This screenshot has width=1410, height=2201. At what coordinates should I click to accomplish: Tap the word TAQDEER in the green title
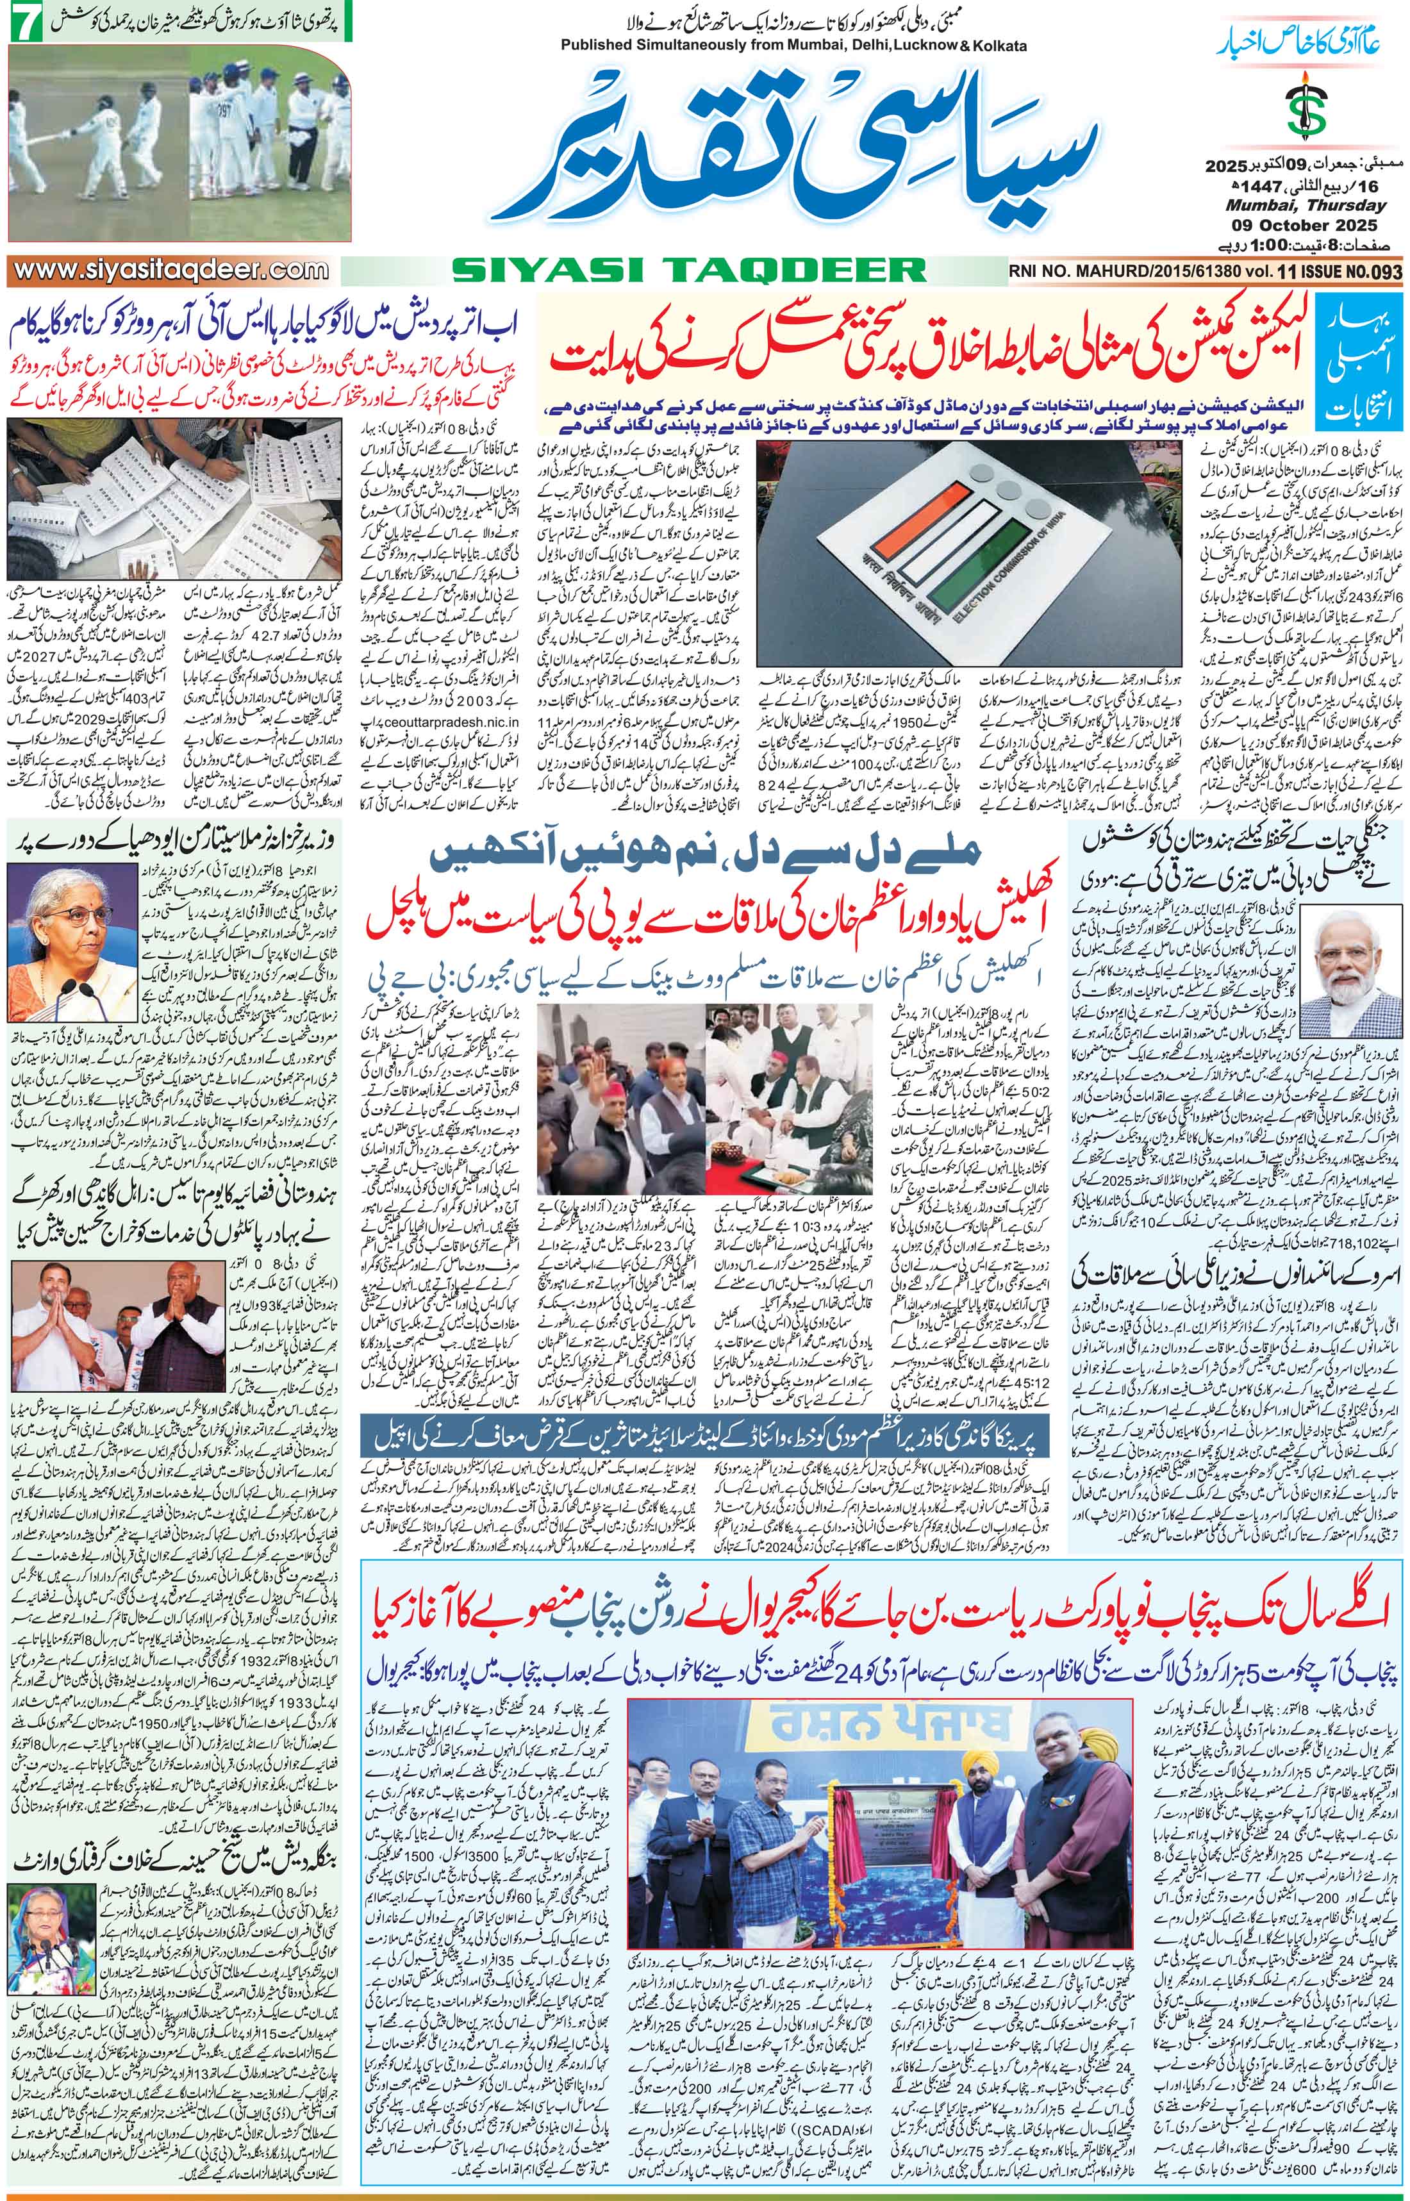(797, 269)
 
